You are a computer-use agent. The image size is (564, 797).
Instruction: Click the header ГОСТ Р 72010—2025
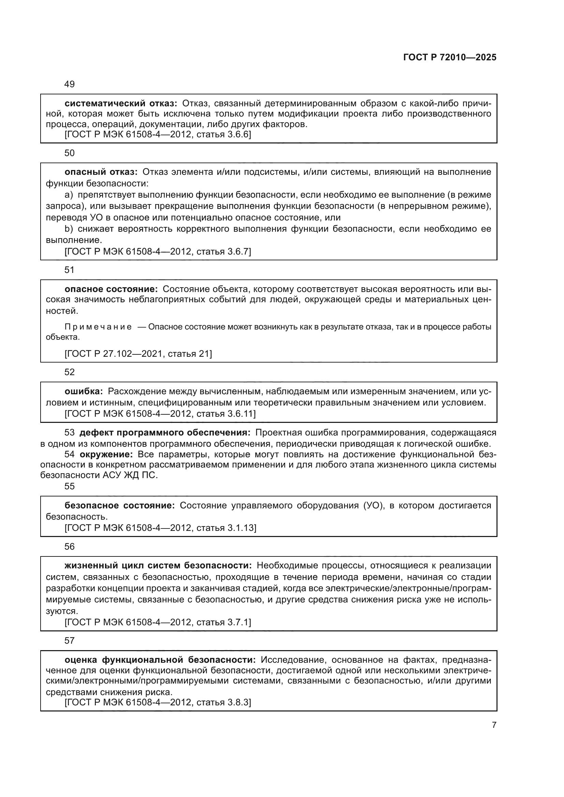click(450, 58)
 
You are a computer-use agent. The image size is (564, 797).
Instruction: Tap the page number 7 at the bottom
click(494, 725)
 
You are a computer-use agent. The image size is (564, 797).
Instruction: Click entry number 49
click(70, 85)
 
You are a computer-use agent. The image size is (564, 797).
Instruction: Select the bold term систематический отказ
click(121, 103)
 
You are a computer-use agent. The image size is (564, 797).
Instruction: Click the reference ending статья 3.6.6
click(158, 134)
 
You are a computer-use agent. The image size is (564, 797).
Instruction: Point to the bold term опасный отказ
click(101, 172)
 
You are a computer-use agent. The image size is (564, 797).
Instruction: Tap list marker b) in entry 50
click(69, 229)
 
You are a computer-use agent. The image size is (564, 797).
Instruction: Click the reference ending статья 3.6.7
click(158, 251)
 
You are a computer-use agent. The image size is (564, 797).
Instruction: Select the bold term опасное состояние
click(111, 289)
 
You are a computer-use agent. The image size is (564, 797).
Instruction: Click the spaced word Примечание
click(98, 327)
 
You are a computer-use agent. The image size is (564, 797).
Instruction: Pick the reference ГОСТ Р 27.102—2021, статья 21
click(138, 354)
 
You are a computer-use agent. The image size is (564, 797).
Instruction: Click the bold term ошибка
click(84, 391)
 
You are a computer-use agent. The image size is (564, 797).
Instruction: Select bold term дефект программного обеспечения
click(165, 432)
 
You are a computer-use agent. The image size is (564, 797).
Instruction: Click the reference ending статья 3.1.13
click(160, 527)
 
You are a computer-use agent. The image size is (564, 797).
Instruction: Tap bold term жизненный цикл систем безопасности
click(158, 566)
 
